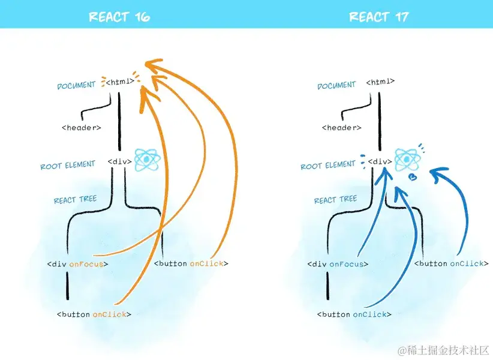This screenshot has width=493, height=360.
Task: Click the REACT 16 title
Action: click(119, 16)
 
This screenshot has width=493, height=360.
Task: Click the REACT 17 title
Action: click(379, 16)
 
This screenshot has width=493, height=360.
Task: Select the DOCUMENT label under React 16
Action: click(76, 86)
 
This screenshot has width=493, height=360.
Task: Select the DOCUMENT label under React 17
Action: click(336, 86)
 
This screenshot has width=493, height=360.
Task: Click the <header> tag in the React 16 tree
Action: click(82, 127)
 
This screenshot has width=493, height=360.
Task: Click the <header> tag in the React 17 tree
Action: click(342, 127)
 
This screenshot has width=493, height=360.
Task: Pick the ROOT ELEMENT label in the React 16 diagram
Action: click(68, 166)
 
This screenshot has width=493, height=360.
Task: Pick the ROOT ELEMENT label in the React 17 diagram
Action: click(328, 166)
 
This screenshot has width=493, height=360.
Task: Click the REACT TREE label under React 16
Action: click(75, 200)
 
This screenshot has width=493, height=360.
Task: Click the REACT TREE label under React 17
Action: click(335, 200)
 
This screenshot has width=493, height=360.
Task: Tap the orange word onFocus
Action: click(86, 263)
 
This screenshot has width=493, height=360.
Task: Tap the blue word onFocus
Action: click(347, 263)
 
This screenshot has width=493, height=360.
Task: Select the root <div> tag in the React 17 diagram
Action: click(380, 161)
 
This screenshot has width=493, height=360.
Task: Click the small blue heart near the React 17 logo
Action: click(413, 177)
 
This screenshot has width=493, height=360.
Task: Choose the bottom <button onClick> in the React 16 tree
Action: click(94, 314)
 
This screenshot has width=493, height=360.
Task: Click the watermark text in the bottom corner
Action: click(444, 350)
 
